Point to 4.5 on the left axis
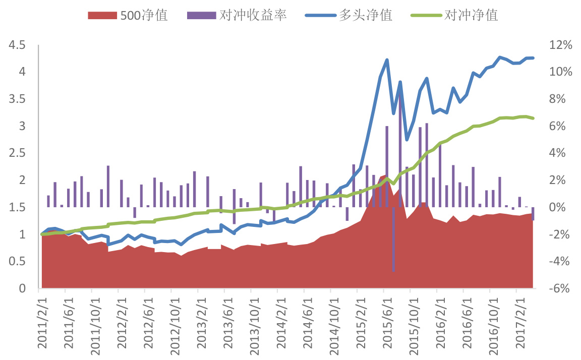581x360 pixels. [x=17, y=45]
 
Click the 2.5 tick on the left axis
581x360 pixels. [x=17, y=153]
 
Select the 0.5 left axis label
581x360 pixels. [x=17, y=261]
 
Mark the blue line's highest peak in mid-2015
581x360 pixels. [x=387, y=60]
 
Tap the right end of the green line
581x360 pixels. [x=533, y=118]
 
